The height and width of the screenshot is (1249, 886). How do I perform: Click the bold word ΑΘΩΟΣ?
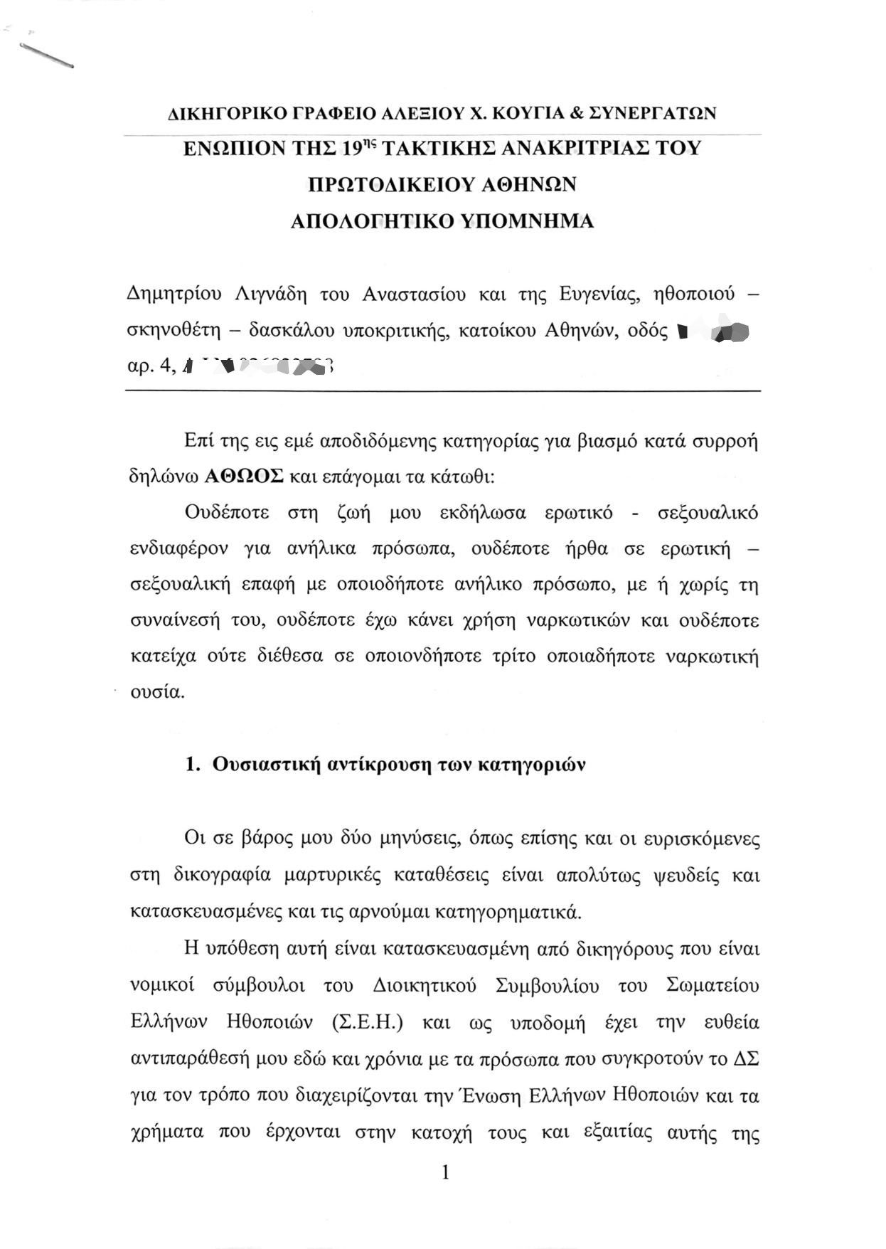tap(244, 476)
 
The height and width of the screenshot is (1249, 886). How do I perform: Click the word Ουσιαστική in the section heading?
tap(265, 765)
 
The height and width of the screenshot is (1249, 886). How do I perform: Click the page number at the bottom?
tap(446, 1173)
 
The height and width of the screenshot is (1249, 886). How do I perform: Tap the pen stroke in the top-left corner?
tap(47, 55)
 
